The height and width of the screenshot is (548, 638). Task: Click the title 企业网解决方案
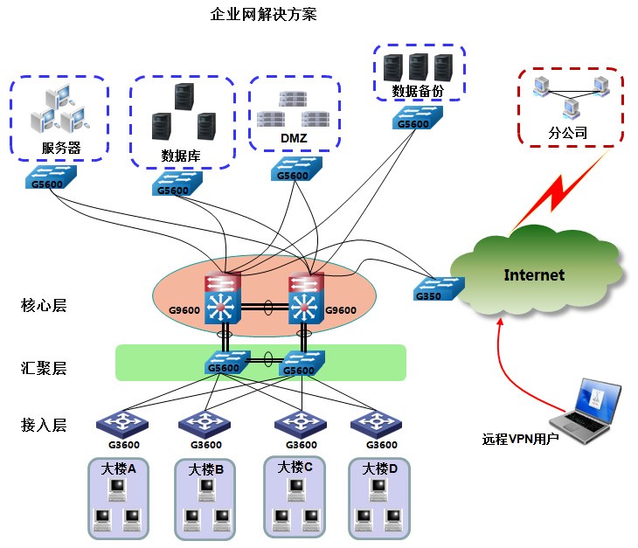pyautogui.click(x=264, y=15)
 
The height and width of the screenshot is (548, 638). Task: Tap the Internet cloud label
pyautogui.click(x=534, y=275)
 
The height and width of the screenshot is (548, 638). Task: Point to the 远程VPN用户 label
pyautogui.click(x=520, y=438)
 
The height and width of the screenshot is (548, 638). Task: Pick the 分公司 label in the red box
pyautogui.click(x=567, y=135)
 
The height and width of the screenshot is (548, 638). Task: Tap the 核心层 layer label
pyautogui.click(x=44, y=306)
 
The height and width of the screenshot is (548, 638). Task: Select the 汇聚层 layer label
pyautogui.click(x=44, y=368)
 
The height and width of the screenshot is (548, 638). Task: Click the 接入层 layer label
pyautogui.click(x=44, y=426)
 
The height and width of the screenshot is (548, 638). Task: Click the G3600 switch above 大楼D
pyautogui.click(x=376, y=424)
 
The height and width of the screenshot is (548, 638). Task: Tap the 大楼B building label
pyautogui.click(x=206, y=470)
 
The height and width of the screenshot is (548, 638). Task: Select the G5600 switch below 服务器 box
pyautogui.click(x=51, y=178)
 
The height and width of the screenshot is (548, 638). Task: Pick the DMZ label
pyautogui.click(x=294, y=139)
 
